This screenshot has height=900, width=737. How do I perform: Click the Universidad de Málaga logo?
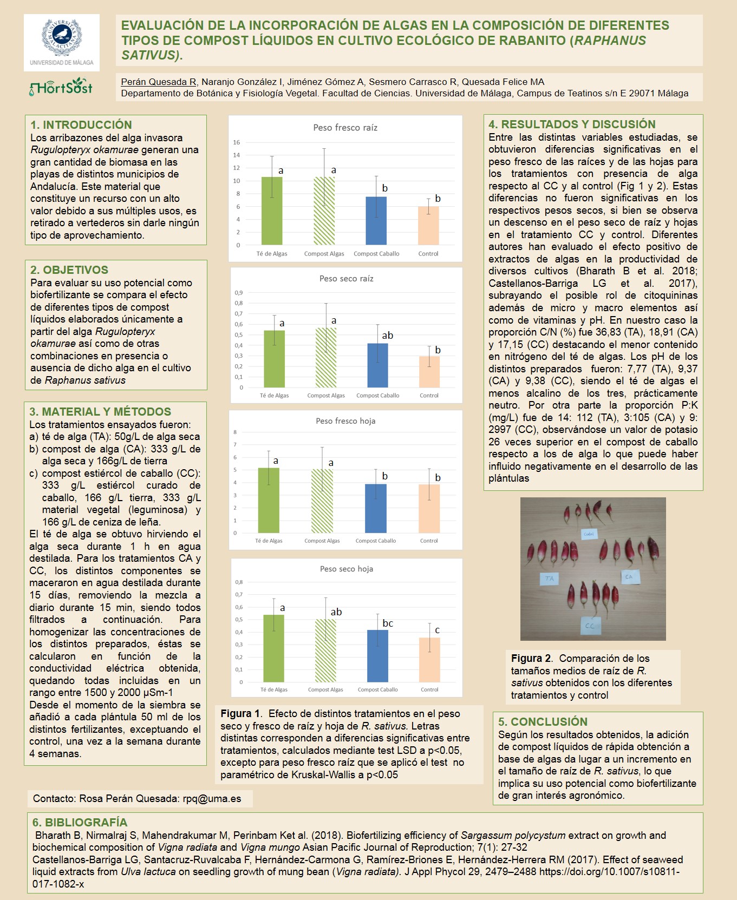[x=61, y=42]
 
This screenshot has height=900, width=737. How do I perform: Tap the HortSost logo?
[x=61, y=88]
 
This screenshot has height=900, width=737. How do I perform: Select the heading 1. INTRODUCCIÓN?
[x=81, y=125]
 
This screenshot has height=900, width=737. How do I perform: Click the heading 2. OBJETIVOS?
[x=69, y=270]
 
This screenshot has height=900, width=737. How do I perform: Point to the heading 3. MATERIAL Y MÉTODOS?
[x=100, y=412]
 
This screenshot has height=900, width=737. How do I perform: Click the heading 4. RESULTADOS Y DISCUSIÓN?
[x=572, y=124]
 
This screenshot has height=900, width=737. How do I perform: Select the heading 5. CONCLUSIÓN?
[x=543, y=722]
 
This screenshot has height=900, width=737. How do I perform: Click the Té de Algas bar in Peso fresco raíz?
[x=272, y=211]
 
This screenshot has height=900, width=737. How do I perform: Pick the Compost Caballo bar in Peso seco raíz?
[x=377, y=365]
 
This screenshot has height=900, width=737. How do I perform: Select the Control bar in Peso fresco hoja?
[x=429, y=509]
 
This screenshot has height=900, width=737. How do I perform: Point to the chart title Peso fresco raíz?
[x=345, y=128]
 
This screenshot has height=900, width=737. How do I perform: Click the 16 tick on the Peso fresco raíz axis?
[x=237, y=142]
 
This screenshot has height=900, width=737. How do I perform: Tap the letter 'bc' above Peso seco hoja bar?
[x=388, y=623]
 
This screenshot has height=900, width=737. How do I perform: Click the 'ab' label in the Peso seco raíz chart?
[x=388, y=336]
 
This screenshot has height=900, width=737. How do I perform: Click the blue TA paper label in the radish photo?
[x=550, y=579]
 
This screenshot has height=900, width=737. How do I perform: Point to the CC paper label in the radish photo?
[x=589, y=626]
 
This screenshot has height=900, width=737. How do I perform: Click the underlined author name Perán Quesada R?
[x=159, y=82]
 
